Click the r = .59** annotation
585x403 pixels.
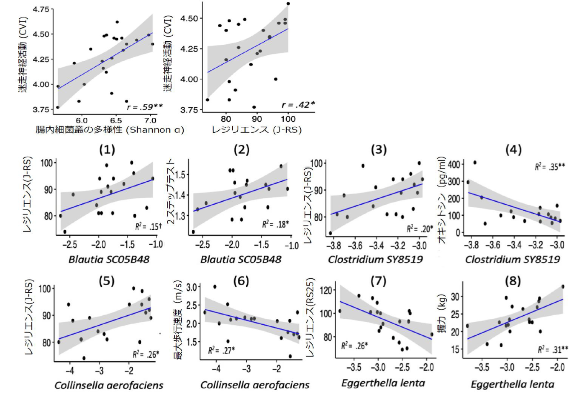click(x=145, y=107)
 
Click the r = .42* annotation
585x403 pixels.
click(x=298, y=105)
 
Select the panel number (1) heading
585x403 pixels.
click(x=107, y=150)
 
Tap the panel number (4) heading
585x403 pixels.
click(x=514, y=149)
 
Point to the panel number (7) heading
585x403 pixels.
click(x=378, y=281)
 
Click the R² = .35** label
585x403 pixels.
click(x=550, y=167)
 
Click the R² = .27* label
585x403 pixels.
click(x=221, y=350)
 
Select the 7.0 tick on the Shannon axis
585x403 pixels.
click(x=150, y=120)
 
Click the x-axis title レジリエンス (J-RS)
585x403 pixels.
click(x=257, y=130)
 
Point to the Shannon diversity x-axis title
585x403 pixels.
click(x=109, y=130)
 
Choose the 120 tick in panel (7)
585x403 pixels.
click(x=325, y=290)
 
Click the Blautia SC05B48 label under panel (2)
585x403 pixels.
click(x=241, y=259)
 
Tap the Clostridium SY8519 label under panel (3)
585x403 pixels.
click(x=375, y=259)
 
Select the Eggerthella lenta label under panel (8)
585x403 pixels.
click(x=512, y=385)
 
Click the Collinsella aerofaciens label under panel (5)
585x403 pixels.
click(x=108, y=385)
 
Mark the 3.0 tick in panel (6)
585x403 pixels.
click(x=191, y=287)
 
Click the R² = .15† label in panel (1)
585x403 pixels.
click(x=148, y=226)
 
